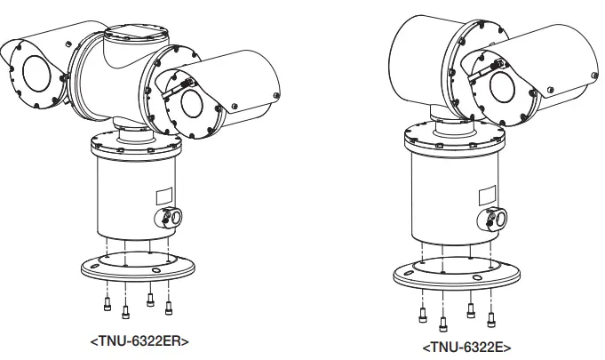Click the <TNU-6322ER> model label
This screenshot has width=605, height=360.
[x=139, y=340]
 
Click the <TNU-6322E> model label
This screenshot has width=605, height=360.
[x=466, y=347]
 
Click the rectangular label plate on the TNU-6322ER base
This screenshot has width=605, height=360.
[x=165, y=195]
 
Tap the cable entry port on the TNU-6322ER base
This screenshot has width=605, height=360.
[x=171, y=218]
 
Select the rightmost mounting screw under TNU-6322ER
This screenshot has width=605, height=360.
[x=169, y=308]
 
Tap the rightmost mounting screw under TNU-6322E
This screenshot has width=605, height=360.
[x=490, y=316]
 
